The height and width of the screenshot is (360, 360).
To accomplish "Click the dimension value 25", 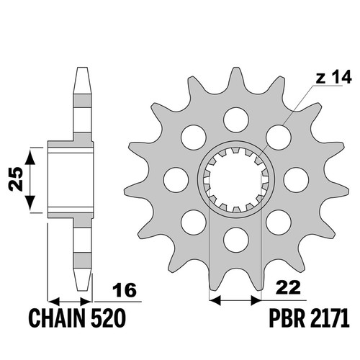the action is coord(16,179).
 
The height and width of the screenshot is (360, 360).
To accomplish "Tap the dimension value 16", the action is coord(125,289).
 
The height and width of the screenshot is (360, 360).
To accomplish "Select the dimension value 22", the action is coord(288,287).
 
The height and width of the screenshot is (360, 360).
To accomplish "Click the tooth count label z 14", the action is coord(333,77).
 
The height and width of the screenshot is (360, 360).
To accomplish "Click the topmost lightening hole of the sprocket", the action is coord(235,120).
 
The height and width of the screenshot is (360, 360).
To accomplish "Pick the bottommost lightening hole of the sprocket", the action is coord(235,240).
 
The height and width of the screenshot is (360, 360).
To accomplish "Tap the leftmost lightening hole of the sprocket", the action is coord(176,180).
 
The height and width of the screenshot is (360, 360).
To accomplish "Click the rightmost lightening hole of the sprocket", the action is coord(296,180).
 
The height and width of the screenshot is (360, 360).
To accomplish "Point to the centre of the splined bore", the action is coord(235,180).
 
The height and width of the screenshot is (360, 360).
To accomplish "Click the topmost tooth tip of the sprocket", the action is coord(235,68).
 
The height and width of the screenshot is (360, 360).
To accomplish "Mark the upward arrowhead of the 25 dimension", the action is coord(30,156).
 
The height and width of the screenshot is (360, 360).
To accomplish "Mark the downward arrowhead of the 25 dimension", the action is coord(30,204).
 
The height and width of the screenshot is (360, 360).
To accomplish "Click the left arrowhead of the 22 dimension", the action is coord(215,300).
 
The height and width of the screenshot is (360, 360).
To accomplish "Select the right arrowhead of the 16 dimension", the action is coord(86,301).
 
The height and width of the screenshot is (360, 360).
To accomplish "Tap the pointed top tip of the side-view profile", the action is coord(81,68).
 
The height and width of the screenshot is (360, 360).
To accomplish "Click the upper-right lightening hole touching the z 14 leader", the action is coord(279,138).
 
